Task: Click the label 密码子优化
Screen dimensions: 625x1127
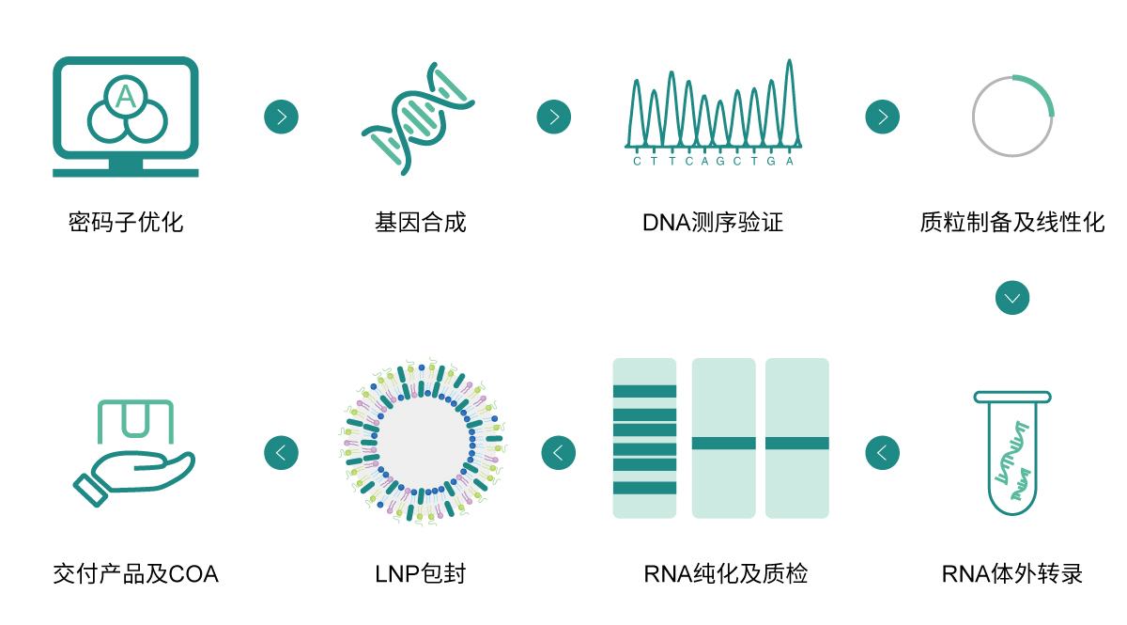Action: pos(126,223)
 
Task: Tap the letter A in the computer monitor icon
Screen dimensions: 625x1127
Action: pos(126,96)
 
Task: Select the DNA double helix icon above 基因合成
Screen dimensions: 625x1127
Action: pos(418,117)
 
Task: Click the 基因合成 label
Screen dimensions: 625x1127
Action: pos(420,223)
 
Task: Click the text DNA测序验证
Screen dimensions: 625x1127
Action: pos(713,223)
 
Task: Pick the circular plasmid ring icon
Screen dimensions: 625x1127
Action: pos(1012,116)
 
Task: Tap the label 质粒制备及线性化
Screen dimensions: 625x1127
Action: pos(1012,223)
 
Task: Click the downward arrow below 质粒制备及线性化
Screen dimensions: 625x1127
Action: pos(1012,298)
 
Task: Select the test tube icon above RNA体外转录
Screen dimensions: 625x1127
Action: pos(1012,453)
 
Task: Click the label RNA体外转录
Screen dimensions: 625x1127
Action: pos(1012,573)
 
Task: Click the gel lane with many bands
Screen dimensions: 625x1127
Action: pos(644,438)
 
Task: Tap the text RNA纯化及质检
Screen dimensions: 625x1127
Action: pos(726,573)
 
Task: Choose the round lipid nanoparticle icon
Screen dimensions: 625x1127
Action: pos(420,442)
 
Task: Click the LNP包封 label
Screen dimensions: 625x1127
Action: pos(420,573)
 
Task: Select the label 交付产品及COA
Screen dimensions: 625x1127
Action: pos(136,573)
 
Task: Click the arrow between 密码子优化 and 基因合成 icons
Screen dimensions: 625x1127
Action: pos(281,117)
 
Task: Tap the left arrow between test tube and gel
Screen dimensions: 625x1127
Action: pos(882,453)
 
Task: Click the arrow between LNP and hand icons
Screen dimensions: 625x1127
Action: pos(281,453)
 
